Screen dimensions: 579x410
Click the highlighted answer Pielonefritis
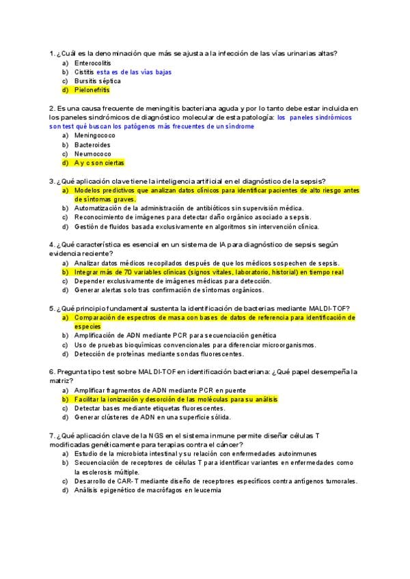coord(92,89)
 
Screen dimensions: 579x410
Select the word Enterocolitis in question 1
coord(92,63)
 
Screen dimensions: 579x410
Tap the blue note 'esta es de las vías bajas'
coord(134,72)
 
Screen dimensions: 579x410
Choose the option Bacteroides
coord(92,145)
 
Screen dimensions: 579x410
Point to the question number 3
coord(52,181)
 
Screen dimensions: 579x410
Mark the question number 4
coord(52,244)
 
